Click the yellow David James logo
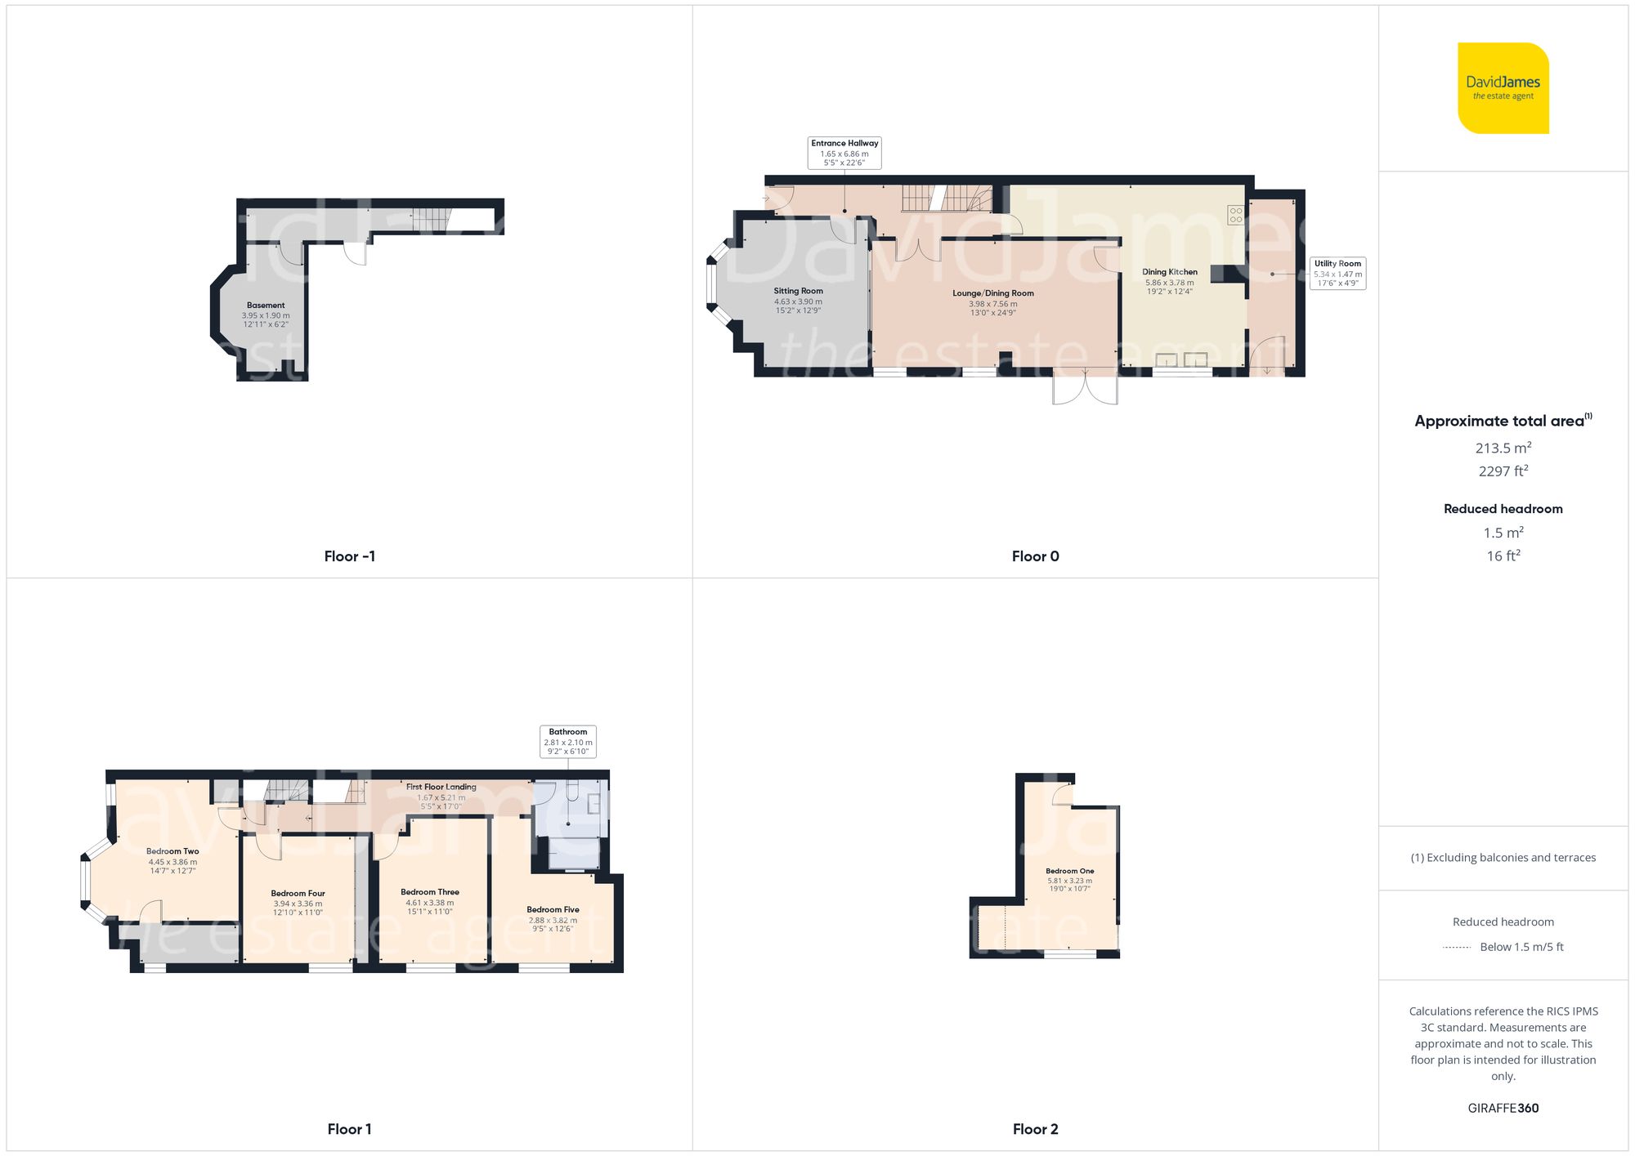coord(1503,88)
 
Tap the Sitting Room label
coord(798,292)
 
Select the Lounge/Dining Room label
coord(992,294)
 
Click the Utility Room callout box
coord(1337,273)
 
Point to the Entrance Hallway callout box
coord(844,153)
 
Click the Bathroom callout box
coord(568,741)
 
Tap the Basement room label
coord(266,306)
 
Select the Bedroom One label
coord(1069,871)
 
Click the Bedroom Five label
coord(553,909)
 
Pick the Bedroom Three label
coord(430,892)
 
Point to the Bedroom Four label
coord(298,894)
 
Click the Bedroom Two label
coord(172,851)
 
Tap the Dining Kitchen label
coord(1169,272)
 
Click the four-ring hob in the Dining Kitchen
coord(1235,215)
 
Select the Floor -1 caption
coord(349,556)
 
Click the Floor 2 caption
coord(1035,1129)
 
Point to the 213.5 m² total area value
coord(1503,448)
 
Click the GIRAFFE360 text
coord(1503,1109)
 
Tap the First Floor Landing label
coord(441,788)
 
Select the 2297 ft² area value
coord(1503,471)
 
